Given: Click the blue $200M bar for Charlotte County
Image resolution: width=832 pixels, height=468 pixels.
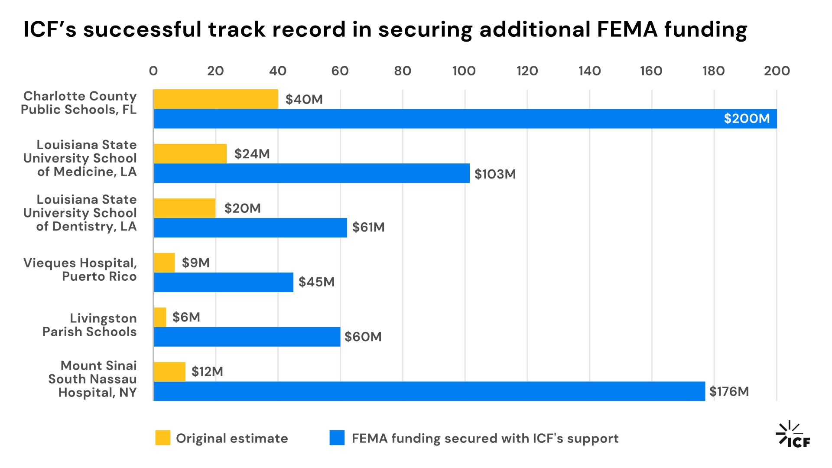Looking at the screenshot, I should (x=465, y=119).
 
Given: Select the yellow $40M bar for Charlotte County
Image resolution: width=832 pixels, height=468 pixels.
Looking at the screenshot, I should (x=216, y=99).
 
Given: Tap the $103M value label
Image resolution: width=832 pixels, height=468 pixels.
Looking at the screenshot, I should (x=495, y=174).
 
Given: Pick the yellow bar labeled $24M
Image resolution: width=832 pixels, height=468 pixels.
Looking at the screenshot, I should (x=190, y=154).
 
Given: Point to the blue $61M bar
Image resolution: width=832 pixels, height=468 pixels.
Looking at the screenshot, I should (x=250, y=227).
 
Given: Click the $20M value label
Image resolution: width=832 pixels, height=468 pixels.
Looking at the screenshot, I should (x=242, y=208).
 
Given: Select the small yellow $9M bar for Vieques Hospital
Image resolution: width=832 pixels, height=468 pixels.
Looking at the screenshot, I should (x=165, y=263).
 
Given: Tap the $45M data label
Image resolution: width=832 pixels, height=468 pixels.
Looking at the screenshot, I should (x=316, y=282).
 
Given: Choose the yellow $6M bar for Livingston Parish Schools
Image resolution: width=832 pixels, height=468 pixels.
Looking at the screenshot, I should (x=160, y=317).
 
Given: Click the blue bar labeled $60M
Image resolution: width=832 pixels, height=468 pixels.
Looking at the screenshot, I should (x=247, y=337).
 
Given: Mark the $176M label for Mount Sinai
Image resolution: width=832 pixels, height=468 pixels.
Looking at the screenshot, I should (x=729, y=392).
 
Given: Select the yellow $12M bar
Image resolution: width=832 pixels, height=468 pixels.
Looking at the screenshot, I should (x=170, y=372).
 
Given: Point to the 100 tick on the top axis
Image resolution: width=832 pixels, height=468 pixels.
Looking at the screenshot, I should (x=464, y=71).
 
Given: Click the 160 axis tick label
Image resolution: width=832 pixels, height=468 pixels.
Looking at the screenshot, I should (x=651, y=71).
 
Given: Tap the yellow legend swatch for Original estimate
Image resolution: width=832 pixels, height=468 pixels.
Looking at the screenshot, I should (x=163, y=438).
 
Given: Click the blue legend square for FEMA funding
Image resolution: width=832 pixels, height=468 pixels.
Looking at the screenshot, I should (x=337, y=438).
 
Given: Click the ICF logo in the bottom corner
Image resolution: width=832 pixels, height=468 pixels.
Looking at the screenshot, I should (x=793, y=435).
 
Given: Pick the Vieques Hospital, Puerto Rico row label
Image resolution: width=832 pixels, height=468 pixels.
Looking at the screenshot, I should (x=80, y=270).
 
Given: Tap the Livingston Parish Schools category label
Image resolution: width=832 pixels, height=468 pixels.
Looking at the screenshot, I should (x=90, y=325).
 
